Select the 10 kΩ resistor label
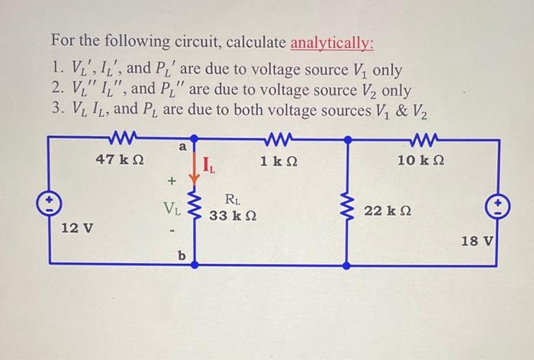pyautogui.click(x=421, y=161)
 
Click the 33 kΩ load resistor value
pyautogui.click(x=233, y=217)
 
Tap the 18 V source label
pyautogui.click(x=478, y=242)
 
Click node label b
pyautogui.click(x=182, y=256)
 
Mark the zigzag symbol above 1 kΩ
pyautogui.click(x=276, y=139)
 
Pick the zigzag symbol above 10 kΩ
pyautogui.click(x=420, y=139)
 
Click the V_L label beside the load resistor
pyautogui.click(x=172, y=206)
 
